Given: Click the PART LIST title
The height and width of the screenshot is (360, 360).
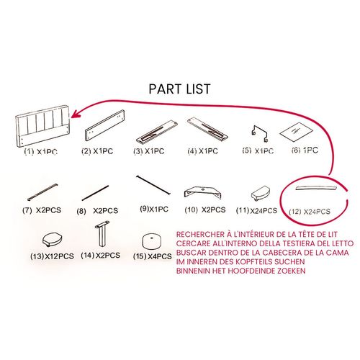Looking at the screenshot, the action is click(x=179, y=89).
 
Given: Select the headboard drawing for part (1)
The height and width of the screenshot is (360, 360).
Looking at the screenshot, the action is click(x=42, y=125).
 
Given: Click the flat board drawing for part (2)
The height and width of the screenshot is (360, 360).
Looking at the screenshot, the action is click(x=104, y=125).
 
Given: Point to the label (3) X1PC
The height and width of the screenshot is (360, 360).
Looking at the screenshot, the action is click(x=149, y=151).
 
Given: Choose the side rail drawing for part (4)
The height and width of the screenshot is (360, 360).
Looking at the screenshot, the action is click(x=207, y=129).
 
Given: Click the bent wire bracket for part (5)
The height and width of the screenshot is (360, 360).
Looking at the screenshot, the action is click(x=260, y=133).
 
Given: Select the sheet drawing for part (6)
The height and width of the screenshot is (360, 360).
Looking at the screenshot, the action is click(x=297, y=132).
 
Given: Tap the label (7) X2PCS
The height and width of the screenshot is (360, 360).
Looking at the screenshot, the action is click(x=42, y=210).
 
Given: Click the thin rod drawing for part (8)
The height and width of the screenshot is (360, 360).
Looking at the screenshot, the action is click(x=95, y=193).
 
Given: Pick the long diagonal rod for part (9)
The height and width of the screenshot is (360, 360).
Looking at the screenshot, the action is click(x=153, y=184).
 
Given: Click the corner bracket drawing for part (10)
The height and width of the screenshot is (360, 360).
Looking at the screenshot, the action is click(x=202, y=192).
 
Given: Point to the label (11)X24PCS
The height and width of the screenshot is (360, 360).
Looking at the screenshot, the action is click(x=256, y=210).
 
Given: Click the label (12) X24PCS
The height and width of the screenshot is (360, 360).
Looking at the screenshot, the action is click(x=310, y=212).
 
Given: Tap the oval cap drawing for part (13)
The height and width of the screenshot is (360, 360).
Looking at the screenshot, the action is click(x=53, y=240).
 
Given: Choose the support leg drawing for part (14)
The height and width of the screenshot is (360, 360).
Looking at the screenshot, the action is click(x=102, y=233).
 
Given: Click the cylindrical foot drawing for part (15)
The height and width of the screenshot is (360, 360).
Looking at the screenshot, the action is click(x=152, y=242).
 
